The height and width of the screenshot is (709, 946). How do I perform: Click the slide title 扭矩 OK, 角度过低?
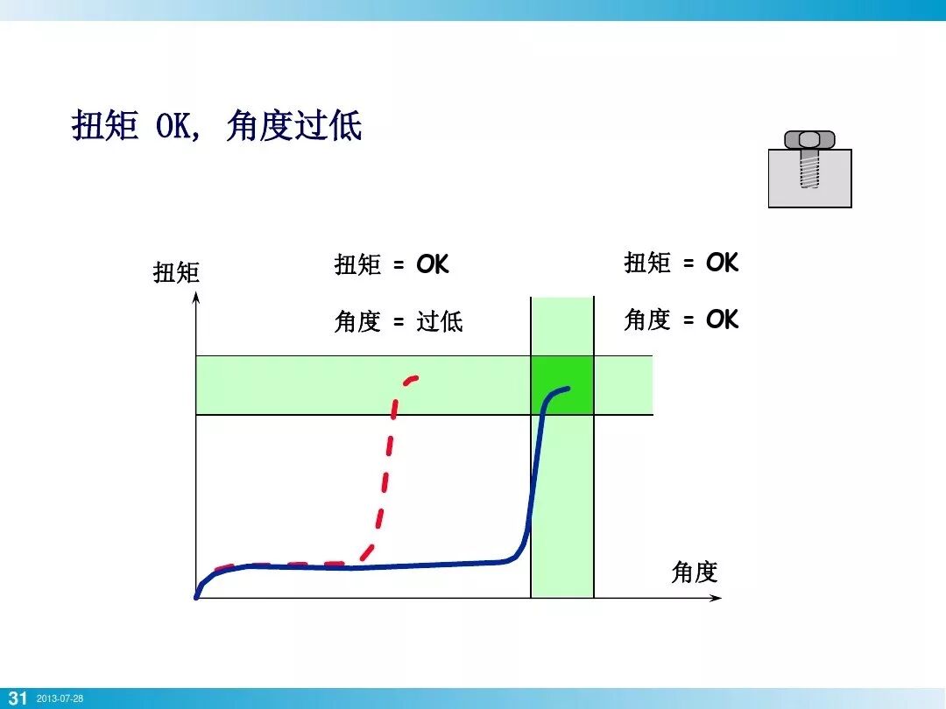click(216, 128)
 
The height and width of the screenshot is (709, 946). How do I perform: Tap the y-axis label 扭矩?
click(176, 273)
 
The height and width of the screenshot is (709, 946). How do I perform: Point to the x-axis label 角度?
click(694, 572)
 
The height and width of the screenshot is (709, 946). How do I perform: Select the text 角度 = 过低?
click(398, 321)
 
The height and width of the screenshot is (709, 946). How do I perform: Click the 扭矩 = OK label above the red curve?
click(391, 264)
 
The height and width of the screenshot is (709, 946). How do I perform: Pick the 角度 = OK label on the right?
click(681, 319)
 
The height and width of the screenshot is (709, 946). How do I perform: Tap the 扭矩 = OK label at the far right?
click(681, 263)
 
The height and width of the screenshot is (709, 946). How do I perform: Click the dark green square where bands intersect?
click(562, 385)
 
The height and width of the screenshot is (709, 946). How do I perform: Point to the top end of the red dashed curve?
click(415, 377)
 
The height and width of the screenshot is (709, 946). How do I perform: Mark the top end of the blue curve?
click(568, 388)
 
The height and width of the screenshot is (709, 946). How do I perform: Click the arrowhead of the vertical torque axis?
click(197, 298)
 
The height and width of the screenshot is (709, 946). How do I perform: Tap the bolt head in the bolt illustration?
click(809, 139)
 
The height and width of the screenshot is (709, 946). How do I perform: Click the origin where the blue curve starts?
click(197, 597)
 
